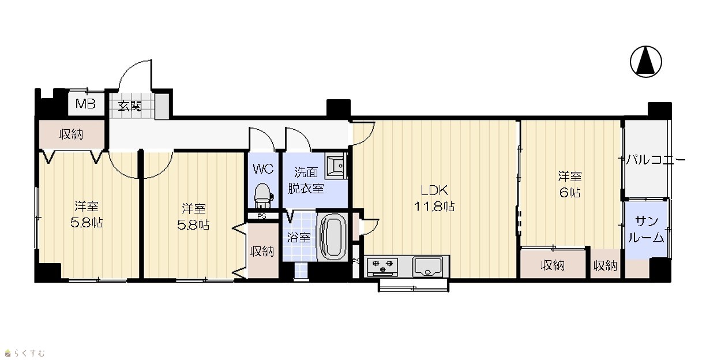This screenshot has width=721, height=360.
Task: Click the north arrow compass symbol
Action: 645,62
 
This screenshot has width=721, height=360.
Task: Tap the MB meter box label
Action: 85,104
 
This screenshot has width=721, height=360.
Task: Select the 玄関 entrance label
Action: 130,106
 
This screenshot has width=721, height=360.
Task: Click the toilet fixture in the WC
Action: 262,196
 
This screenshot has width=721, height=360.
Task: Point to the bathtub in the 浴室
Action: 332,236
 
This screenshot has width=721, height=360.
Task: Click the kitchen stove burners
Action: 382,267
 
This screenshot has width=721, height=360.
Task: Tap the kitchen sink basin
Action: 427,267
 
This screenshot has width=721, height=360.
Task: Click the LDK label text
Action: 434,190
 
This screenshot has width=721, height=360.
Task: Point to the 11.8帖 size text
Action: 434,207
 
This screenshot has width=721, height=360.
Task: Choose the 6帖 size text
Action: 570,193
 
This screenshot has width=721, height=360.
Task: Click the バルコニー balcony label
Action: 655,160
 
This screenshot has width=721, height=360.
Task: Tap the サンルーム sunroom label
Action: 646,230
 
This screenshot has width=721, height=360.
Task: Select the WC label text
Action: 263,168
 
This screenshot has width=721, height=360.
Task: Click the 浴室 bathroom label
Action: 299,238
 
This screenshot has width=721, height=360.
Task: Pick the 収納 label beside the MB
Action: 71,134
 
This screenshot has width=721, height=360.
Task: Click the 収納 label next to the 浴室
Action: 262,251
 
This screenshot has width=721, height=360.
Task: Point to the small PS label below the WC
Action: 262,216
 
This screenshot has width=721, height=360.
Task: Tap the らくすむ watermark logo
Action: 25,353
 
